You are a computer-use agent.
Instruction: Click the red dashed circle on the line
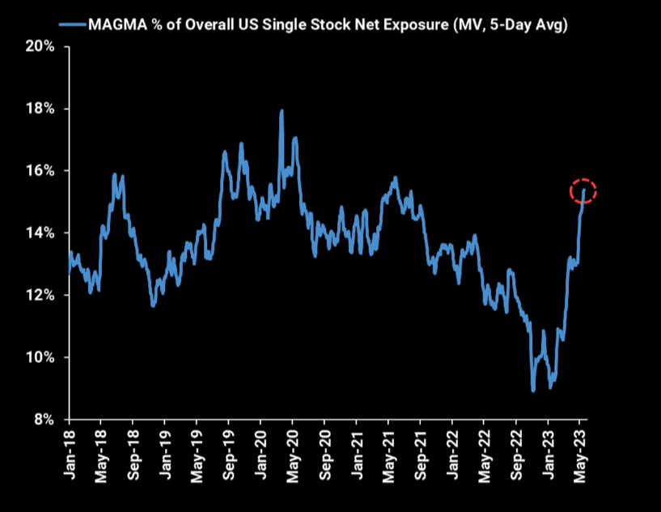(583, 191)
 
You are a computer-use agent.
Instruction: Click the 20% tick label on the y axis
(40, 47)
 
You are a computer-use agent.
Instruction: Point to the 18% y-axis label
(40, 109)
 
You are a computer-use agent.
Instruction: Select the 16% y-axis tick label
(40, 171)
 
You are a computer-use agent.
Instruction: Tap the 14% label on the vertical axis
(40, 233)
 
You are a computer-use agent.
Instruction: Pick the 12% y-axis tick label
(40, 296)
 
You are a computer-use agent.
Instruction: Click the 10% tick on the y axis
(40, 357)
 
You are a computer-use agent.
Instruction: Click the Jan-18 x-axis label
(69, 454)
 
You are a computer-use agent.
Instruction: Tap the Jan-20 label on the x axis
(261, 454)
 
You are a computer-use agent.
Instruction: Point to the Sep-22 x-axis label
(516, 454)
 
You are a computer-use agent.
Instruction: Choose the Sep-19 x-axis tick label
(228, 454)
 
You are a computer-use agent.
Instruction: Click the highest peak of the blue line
(281, 111)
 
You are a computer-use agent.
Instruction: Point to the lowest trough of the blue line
(533, 390)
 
